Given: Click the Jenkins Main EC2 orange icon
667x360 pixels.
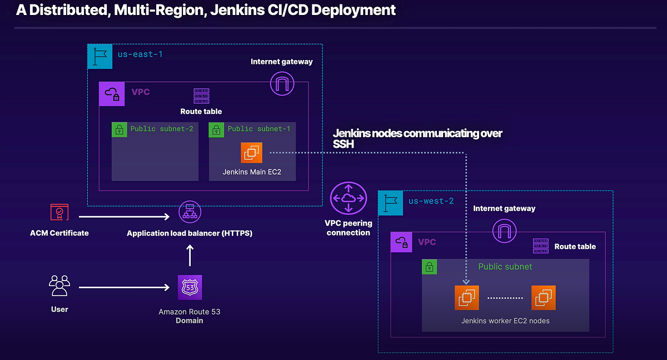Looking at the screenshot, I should pyautogui.click(x=252, y=153).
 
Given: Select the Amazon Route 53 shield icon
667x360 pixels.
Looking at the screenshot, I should pyautogui.click(x=190, y=287).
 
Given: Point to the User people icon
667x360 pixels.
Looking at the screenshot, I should pyautogui.click(x=59, y=286).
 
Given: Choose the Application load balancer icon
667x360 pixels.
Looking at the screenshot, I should pyautogui.click(x=190, y=213).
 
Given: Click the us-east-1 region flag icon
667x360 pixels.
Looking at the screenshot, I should pyautogui.click(x=100, y=56).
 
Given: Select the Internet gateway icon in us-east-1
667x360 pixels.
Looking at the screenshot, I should pyautogui.click(x=282, y=84).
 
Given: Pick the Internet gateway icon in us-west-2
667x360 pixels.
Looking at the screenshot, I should pyautogui.click(x=504, y=230).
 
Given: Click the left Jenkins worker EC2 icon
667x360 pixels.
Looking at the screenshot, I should pyautogui.click(x=466, y=298).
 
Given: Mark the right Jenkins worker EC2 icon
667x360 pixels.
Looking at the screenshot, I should pyautogui.click(x=543, y=298).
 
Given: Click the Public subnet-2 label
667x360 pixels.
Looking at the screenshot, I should pyautogui.click(x=162, y=129).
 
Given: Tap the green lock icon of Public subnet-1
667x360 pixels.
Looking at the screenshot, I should pyautogui.click(x=216, y=129).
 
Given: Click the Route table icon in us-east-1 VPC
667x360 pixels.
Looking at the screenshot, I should pyautogui.click(x=201, y=96).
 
